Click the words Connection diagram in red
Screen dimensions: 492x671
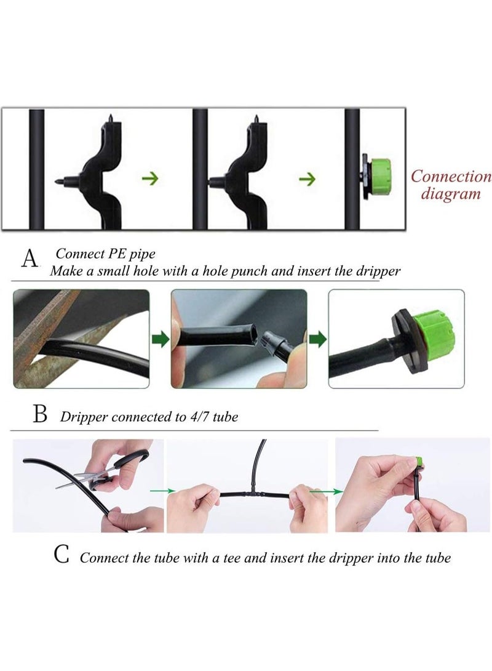tap(451, 185)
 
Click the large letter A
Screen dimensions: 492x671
tap(30, 259)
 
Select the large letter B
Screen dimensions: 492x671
tap(40, 414)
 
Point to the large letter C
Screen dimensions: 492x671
tap(61, 555)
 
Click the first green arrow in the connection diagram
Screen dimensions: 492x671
tap(150, 178)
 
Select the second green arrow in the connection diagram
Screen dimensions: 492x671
tap(307, 179)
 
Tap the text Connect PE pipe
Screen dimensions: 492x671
tap(106, 254)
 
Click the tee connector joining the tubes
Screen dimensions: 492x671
tap(255, 491)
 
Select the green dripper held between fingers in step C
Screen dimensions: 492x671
tap(419, 462)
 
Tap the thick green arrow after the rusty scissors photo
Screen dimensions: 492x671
tap(161, 340)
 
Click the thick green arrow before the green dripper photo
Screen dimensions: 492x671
tap(318, 340)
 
